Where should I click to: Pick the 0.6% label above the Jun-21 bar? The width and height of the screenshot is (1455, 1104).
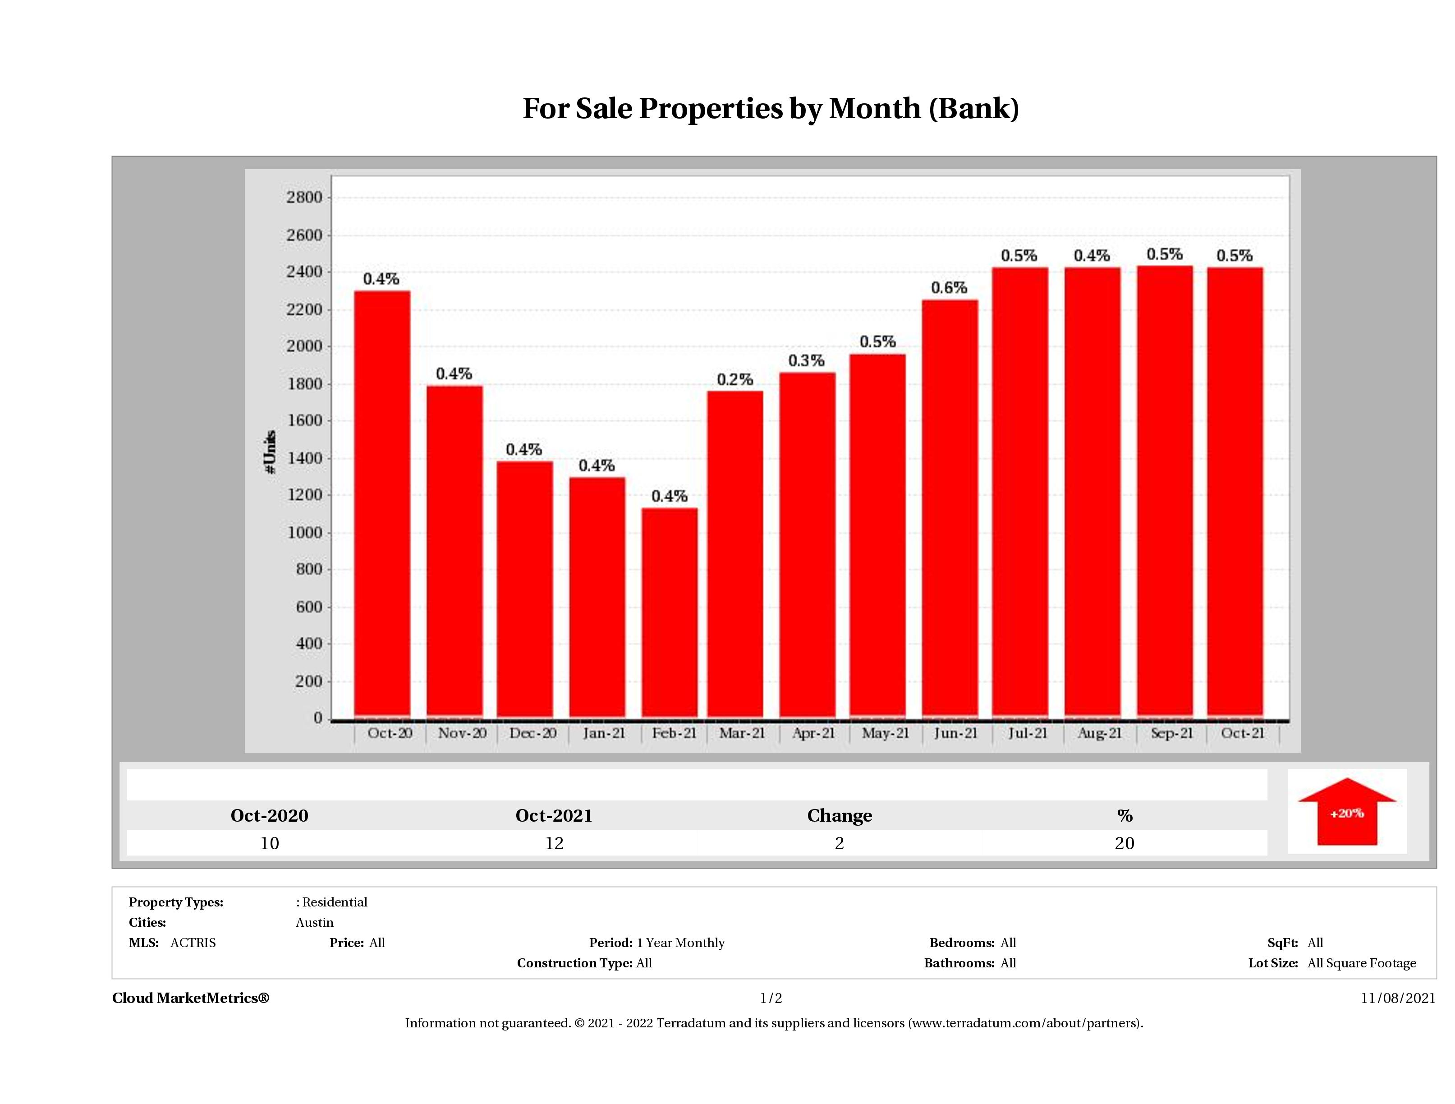click(949, 288)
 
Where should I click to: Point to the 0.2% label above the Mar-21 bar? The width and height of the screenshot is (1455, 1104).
click(735, 380)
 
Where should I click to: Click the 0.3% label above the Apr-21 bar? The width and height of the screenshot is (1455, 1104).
click(807, 360)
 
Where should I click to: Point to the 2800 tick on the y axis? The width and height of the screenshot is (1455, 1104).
click(304, 198)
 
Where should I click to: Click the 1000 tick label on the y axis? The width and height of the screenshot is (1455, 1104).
click(304, 533)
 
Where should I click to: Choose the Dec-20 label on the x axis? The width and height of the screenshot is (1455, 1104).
click(533, 733)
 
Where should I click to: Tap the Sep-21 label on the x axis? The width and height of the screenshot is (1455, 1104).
click(1171, 733)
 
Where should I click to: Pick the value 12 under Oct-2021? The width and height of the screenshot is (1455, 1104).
click(554, 843)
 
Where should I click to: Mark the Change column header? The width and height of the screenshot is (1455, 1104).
click(840, 816)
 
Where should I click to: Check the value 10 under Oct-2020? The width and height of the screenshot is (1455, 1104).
click(270, 843)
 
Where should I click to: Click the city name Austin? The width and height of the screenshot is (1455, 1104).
click(314, 922)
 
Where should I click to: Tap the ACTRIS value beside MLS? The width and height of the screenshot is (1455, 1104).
click(193, 943)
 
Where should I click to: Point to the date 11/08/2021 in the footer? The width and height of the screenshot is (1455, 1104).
click(1398, 998)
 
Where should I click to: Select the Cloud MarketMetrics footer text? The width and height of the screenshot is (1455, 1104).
click(191, 998)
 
